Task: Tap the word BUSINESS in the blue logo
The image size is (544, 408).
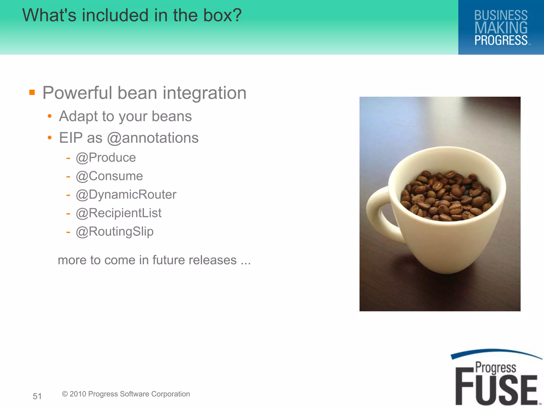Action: click(x=501, y=15)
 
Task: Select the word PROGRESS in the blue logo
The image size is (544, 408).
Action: click(x=501, y=40)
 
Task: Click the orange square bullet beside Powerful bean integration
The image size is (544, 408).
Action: click(x=32, y=92)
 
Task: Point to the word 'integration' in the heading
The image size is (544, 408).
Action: click(x=205, y=93)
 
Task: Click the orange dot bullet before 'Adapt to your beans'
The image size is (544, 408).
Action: click(x=49, y=116)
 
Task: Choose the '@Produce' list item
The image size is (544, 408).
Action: click(x=106, y=158)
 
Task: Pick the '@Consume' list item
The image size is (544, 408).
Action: click(x=109, y=176)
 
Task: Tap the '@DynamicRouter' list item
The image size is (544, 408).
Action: click(x=126, y=195)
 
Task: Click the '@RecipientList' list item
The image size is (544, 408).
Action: click(x=118, y=213)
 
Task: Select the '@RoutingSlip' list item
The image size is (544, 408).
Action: click(x=114, y=232)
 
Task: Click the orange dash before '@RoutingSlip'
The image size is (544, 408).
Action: click(x=68, y=232)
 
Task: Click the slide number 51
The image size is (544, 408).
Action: click(x=37, y=396)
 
